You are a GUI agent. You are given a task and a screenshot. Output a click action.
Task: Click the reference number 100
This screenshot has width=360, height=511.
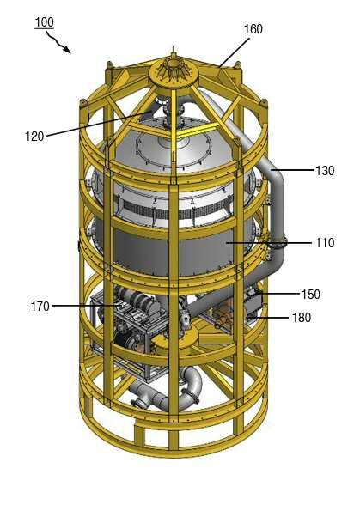pyautogui.click(x=44, y=22)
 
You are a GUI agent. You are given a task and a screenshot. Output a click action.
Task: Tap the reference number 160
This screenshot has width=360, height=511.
pyautogui.click(x=253, y=29)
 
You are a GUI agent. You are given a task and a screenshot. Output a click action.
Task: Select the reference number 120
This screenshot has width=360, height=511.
pyautogui.click(x=34, y=137)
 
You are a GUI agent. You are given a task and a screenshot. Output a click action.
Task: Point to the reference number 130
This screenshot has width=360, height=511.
pyautogui.click(x=325, y=170)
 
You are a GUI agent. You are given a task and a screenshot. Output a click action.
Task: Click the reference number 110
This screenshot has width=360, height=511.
pyautogui.click(x=325, y=243)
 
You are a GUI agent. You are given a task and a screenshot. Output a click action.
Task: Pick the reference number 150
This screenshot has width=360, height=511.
pyautogui.click(x=311, y=295)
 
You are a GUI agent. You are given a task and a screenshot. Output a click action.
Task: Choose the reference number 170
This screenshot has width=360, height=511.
pyautogui.click(x=40, y=307)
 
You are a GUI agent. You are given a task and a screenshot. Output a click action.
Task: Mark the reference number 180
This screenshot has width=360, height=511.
pyautogui.click(x=302, y=318)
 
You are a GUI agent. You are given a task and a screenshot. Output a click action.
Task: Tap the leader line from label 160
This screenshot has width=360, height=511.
pyautogui.click(x=235, y=52)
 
